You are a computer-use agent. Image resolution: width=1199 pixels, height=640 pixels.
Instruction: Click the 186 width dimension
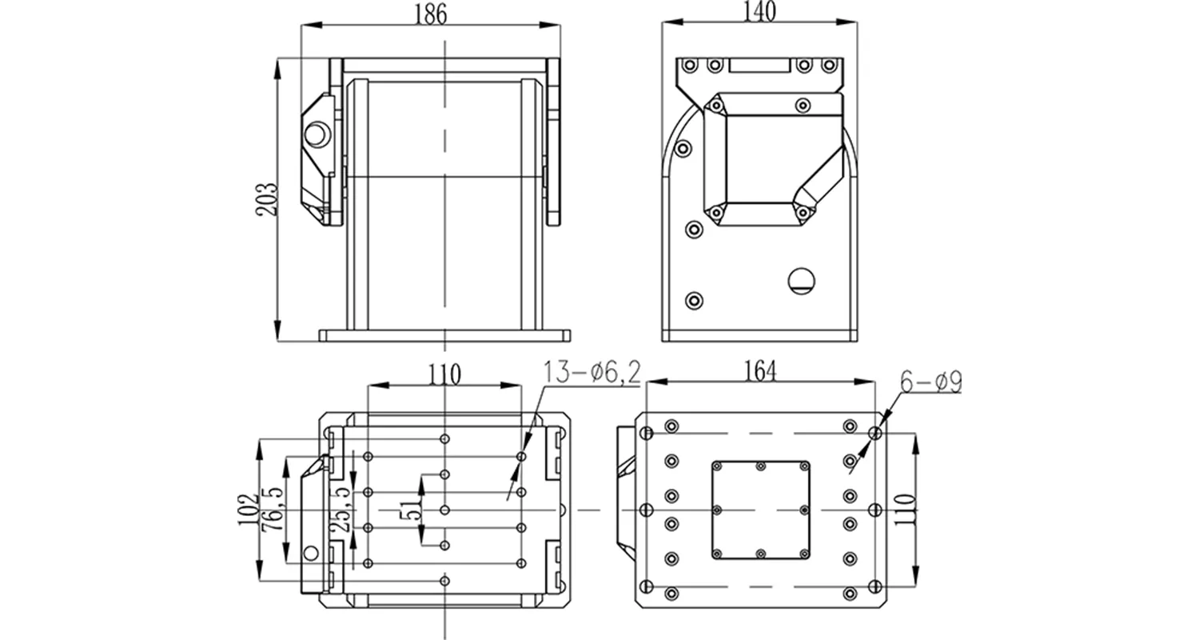[x=431, y=14]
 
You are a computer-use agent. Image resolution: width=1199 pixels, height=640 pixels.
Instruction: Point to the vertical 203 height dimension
[x=268, y=198]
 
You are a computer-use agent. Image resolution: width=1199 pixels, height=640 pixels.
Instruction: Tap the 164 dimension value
[x=759, y=370]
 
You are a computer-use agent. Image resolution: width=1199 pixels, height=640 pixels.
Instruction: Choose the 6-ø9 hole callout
[x=930, y=382]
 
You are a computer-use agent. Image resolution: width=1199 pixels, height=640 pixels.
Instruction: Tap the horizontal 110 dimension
[x=444, y=373]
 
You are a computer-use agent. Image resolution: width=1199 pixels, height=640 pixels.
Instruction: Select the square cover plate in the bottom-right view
[x=760, y=510]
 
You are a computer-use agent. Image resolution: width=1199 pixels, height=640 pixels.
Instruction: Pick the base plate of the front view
[x=444, y=335]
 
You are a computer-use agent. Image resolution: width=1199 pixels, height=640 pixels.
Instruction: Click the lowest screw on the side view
[x=695, y=300]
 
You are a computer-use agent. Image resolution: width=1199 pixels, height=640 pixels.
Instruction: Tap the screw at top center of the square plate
[x=760, y=466]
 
